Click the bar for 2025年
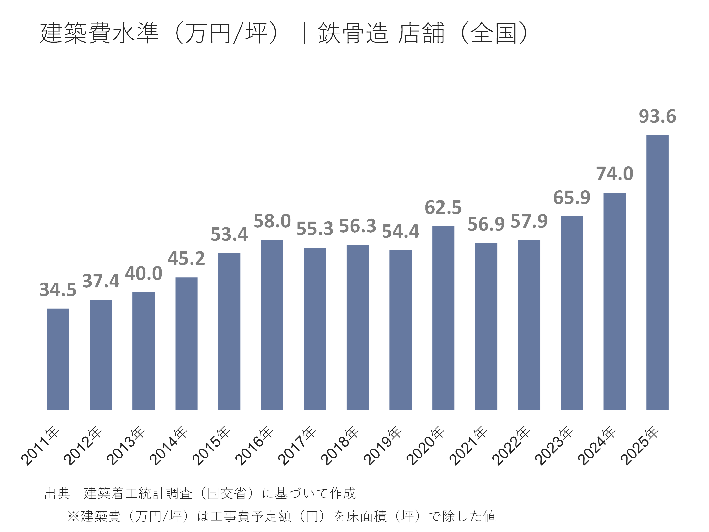tap(657, 273)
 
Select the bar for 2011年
tap(58, 359)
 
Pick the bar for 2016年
tap(272, 325)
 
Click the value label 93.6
tap(657, 116)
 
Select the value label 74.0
tap(614, 174)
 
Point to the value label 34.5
tap(58, 290)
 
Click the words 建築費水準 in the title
tap(99, 33)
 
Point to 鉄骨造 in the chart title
tap(353, 33)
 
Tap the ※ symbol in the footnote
tap(73, 516)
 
